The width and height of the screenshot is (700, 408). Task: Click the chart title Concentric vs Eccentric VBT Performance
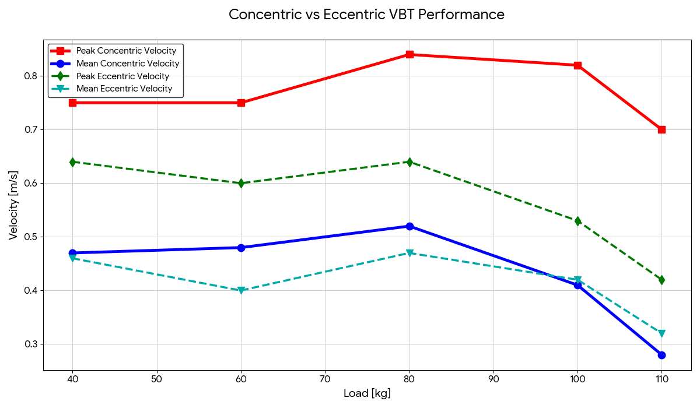pos(366,15)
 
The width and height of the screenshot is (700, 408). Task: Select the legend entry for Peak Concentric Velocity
pos(126,51)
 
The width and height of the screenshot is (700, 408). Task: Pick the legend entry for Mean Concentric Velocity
pos(128,64)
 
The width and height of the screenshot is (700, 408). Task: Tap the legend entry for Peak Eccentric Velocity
pos(123,76)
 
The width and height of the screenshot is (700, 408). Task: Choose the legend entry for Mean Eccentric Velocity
pos(124,89)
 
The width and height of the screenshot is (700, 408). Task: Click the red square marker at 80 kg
pos(409,55)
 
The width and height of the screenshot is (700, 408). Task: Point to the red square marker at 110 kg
pos(661,129)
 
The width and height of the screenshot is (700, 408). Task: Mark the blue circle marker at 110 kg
pos(661,355)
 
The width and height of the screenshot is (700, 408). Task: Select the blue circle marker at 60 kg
pos(241,248)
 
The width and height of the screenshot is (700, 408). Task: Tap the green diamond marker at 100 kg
pos(577,221)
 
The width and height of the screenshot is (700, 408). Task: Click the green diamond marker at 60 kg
pos(241,183)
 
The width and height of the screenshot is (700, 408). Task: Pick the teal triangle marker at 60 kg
pos(241,290)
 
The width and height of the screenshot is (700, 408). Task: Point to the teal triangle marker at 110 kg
pos(661,333)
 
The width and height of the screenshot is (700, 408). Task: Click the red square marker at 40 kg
pos(72,103)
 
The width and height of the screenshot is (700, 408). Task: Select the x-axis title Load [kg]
pos(367,393)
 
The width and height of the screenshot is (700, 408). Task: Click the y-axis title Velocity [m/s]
pos(13,205)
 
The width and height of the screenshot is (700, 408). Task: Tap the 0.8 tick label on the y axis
pos(31,76)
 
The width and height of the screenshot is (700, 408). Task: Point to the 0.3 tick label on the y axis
pos(31,344)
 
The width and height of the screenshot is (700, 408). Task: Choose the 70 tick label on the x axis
pos(325,379)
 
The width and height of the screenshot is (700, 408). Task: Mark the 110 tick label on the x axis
pos(661,379)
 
